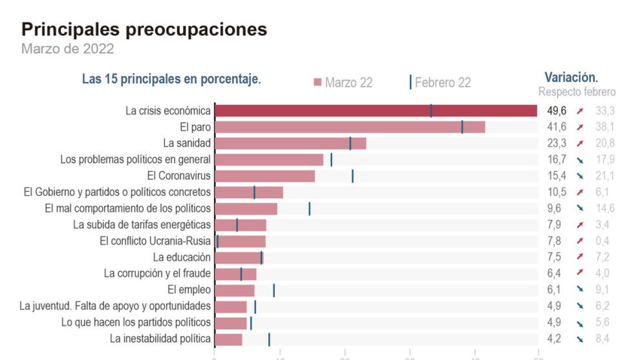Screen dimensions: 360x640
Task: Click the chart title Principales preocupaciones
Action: click(144, 29)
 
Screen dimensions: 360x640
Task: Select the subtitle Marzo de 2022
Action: click(67, 49)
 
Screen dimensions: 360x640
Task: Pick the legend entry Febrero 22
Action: click(441, 83)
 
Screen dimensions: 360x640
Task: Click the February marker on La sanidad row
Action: click(350, 143)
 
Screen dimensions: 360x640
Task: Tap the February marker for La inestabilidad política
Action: click(269, 339)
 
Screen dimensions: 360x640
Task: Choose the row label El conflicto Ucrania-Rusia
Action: click(155, 241)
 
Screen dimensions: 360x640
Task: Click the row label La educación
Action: click(182, 258)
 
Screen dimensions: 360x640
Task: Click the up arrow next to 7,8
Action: click(580, 241)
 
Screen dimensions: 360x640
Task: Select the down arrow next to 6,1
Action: click(580, 290)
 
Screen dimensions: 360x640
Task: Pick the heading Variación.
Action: click(571, 76)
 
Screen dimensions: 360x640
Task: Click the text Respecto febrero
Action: click(577, 92)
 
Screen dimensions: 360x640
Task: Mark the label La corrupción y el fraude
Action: click(157, 274)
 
